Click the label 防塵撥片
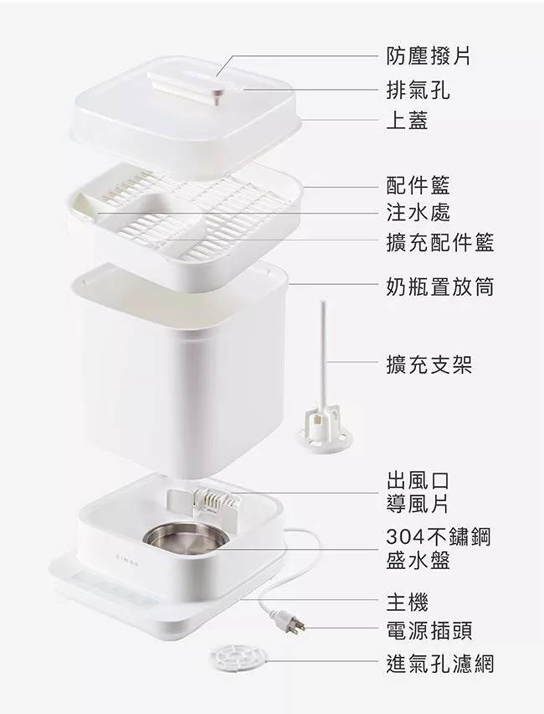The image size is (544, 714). click(429, 56)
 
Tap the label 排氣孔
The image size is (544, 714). click(418, 90)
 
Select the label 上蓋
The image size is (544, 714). click(407, 120)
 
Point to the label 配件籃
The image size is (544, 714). click(418, 185)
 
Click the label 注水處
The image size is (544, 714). click(418, 213)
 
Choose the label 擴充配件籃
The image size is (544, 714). click(440, 241)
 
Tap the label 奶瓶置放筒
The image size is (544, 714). click(440, 287)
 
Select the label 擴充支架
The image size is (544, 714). click(429, 365)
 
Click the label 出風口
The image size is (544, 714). click(418, 481)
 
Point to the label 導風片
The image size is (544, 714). click(418, 504)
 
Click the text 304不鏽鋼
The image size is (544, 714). click(439, 536)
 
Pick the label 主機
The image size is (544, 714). click(407, 602)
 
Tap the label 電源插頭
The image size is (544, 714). click(429, 630)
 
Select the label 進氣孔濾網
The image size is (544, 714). click(440, 663)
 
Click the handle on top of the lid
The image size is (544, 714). click(187, 85)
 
